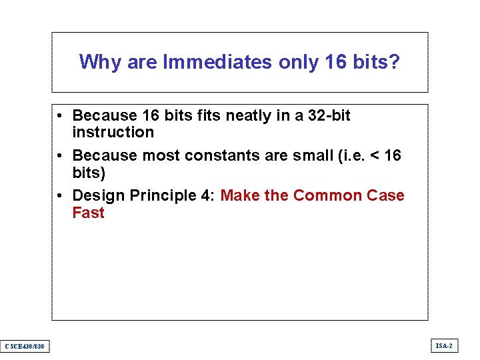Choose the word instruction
coord(113,132)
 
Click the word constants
coord(215,155)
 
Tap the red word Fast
coord(89,213)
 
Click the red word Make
coord(240,195)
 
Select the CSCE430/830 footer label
coord(25,346)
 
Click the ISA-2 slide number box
coord(444,345)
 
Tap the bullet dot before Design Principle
coord(60,196)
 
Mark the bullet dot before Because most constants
coord(60,156)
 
